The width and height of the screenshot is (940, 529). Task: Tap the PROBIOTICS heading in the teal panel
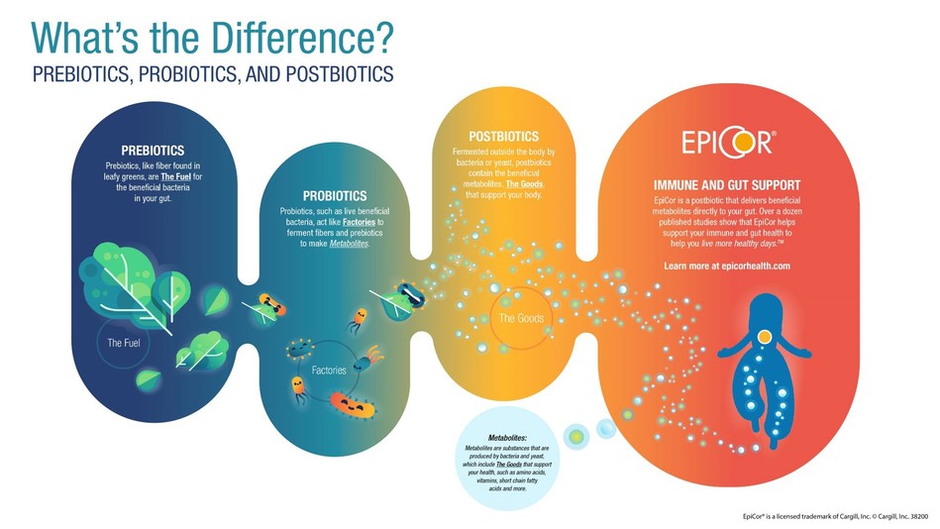point(334,196)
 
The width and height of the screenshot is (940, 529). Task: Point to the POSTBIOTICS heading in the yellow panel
point(503,136)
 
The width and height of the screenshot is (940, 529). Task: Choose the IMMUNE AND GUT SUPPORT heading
point(727,185)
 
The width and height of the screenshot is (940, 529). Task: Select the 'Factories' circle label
point(329,370)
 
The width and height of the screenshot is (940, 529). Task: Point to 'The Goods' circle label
point(519,318)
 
